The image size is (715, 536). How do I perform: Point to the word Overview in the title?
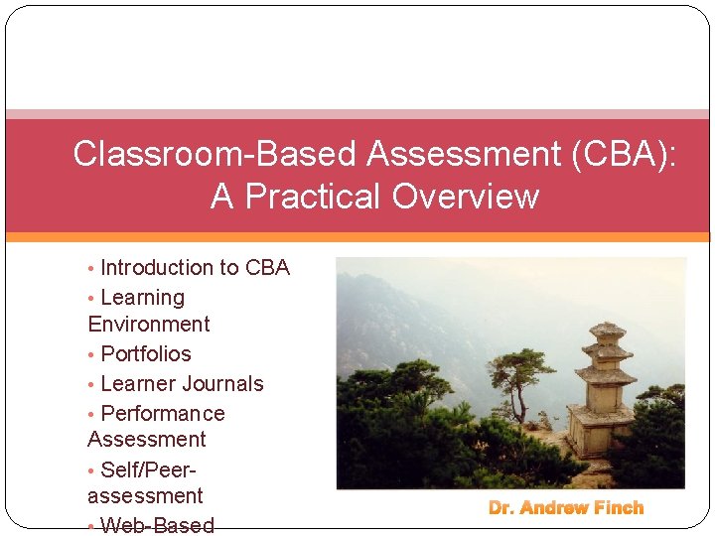(x=465, y=197)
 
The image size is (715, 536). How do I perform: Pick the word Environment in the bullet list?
(x=149, y=325)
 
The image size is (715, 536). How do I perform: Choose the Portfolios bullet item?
(x=146, y=354)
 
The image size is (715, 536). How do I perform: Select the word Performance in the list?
(x=163, y=414)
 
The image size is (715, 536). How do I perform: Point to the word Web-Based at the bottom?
(x=158, y=525)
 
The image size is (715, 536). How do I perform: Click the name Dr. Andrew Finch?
(x=566, y=508)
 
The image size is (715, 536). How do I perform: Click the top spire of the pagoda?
(x=607, y=328)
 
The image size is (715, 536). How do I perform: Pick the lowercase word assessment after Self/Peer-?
(x=145, y=496)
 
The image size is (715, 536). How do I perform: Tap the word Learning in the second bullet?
(x=143, y=298)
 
